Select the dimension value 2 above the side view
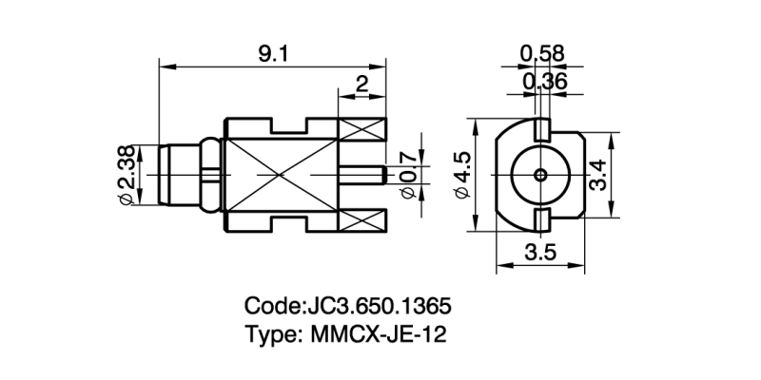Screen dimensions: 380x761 [361, 85]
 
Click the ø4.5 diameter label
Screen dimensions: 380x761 [463, 175]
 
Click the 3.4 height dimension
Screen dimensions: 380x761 [596, 175]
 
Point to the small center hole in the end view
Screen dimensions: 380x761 [540, 175]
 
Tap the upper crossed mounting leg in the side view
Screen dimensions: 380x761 [363, 130]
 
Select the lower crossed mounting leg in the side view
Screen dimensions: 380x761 [363, 220]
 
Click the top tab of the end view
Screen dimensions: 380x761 [540, 127]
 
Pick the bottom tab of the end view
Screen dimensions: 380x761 [540, 221]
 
